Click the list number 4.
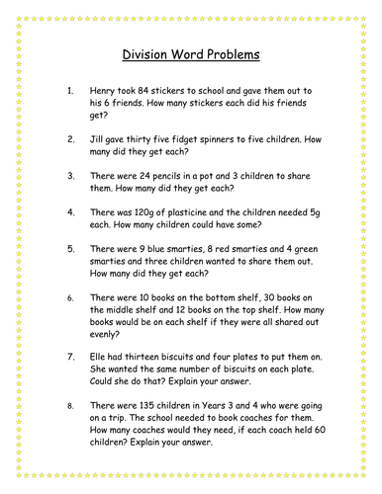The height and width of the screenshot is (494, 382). coord(69,212)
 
